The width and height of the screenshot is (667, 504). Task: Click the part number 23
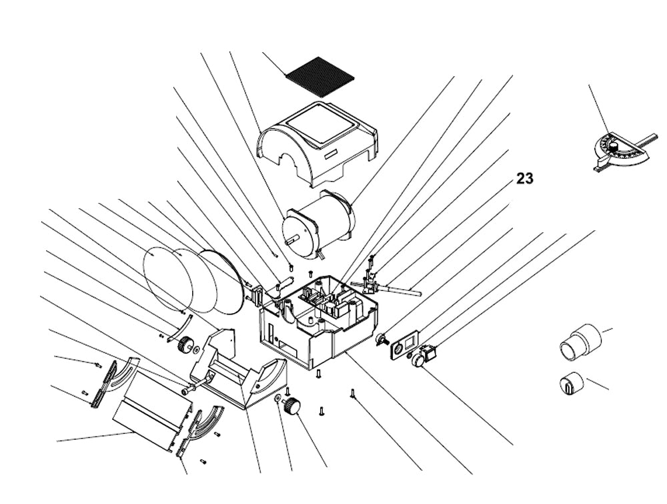(525, 179)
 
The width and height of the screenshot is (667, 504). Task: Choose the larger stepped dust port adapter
(579, 342)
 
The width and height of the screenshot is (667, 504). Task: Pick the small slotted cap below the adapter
(570, 384)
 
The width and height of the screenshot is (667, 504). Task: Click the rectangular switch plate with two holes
(403, 347)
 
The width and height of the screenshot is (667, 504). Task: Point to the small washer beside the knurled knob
(276, 399)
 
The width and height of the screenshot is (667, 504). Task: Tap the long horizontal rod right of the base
(400, 289)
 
